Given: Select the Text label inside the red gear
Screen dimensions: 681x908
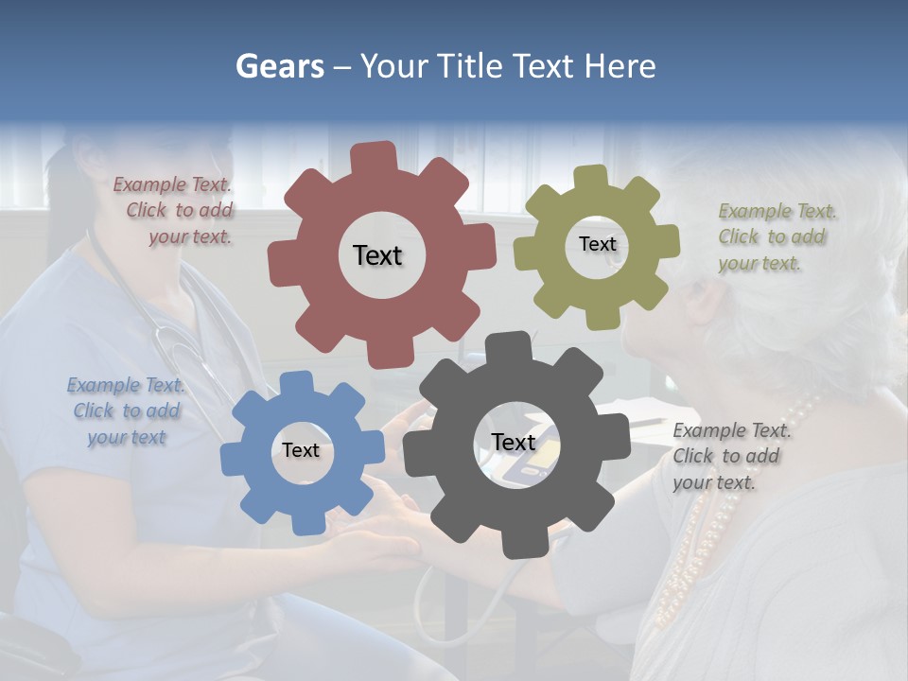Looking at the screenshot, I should pos(377,255).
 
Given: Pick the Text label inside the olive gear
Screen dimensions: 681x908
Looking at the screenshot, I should pos(597,244).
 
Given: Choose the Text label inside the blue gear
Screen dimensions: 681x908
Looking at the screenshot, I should pos(301,450).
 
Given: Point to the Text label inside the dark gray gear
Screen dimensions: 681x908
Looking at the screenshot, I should pos(514,442).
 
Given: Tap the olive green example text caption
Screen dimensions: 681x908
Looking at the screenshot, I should pos(776,236).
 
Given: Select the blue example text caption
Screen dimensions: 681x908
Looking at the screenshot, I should pos(126,411).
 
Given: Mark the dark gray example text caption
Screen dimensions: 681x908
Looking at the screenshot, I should pos(730,456).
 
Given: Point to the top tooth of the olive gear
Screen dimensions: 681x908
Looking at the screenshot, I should pos(591,177).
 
